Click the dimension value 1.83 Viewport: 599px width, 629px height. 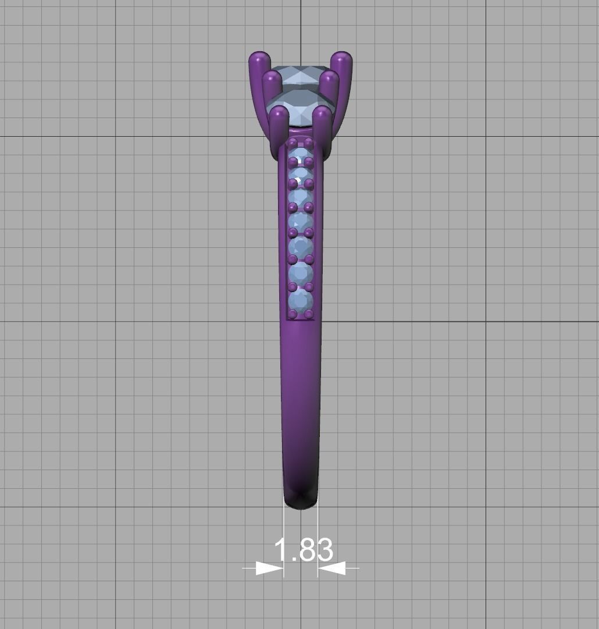coord(303,550)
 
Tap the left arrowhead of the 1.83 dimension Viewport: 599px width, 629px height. coord(269,568)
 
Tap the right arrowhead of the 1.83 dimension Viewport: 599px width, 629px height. coord(331,568)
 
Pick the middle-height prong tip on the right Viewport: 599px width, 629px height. coord(330,78)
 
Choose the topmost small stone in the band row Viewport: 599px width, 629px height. coord(301,153)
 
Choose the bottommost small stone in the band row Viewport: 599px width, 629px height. coord(301,301)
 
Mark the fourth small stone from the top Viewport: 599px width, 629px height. coord(301,222)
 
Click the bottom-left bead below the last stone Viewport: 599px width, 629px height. coord(293,315)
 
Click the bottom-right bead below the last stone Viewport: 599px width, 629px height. coord(309,315)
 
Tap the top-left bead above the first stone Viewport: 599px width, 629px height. coord(293,142)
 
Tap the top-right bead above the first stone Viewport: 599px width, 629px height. coord(309,142)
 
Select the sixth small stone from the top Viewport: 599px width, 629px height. coord(301,272)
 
